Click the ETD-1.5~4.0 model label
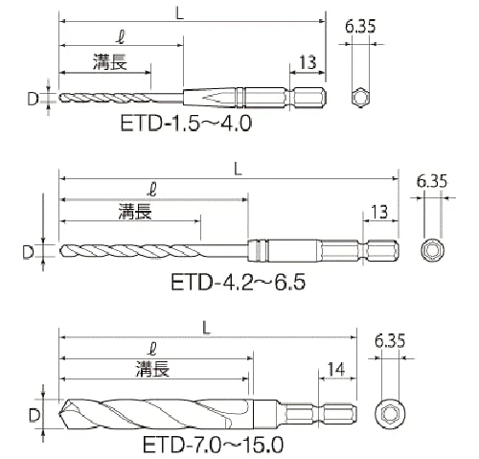(186, 124)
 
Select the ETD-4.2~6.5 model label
(238, 282)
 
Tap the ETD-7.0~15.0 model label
(213, 445)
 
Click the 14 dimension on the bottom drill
(336, 369)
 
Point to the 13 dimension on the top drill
(308, 62)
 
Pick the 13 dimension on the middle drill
(379, 212)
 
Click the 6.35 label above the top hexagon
(360, 26)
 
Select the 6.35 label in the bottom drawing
(390, 340)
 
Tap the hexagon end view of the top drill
(361, 98)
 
